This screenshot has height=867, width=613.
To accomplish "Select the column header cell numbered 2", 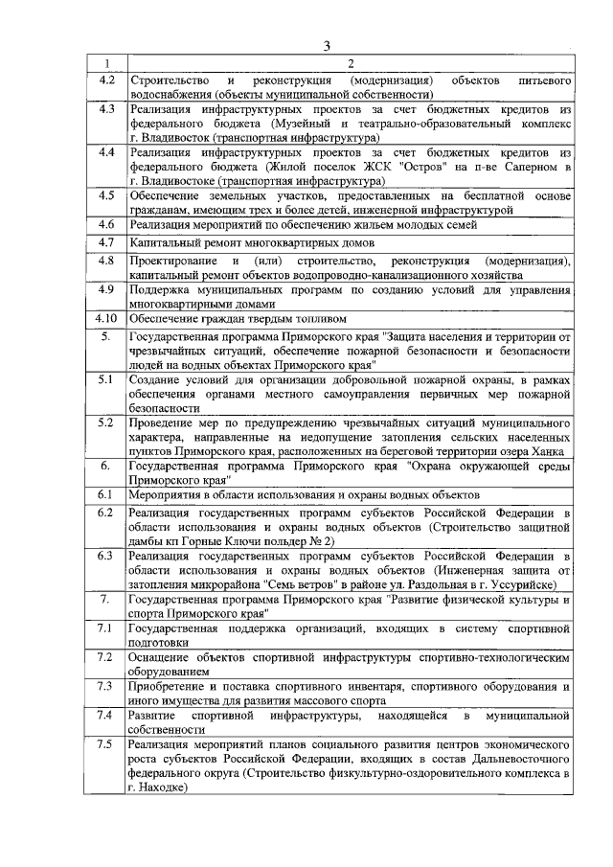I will coord(350,63).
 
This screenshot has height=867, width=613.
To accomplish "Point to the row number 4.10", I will coord(106,318).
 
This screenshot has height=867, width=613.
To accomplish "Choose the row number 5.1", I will coord(106,380).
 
